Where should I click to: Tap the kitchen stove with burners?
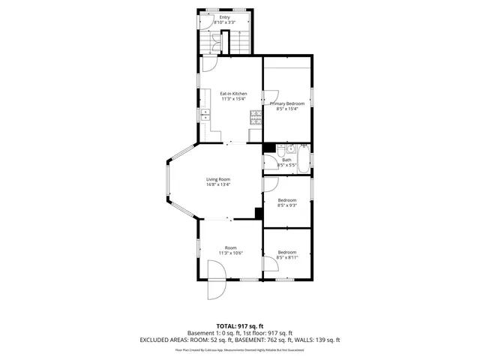tap(255, 115)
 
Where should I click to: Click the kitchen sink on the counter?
tap(205, 113)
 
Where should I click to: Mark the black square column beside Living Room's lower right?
tap(259, 213)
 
